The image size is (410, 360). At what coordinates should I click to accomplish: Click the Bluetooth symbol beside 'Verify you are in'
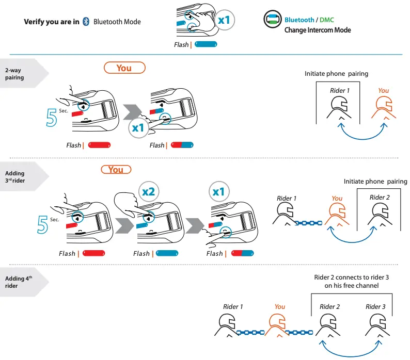pos(86,22)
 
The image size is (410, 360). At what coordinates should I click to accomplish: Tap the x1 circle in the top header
pos(225,21)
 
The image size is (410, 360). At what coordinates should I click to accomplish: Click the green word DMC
pos(327,20)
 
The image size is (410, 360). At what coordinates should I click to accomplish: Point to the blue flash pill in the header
pos(206,45)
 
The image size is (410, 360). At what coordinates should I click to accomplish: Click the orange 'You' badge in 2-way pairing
pos(124,68)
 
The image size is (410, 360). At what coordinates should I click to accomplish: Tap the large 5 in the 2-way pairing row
pos(52,117)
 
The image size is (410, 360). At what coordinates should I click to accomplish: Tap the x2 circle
pos(148,191)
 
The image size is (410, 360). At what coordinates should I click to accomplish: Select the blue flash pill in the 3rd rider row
pos(167,253)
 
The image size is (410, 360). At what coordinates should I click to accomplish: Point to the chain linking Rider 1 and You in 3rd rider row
pos(308,223)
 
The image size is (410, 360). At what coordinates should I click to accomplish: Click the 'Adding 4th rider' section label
pos(19,282)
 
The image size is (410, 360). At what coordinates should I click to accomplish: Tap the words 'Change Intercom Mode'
pos(318,30)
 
